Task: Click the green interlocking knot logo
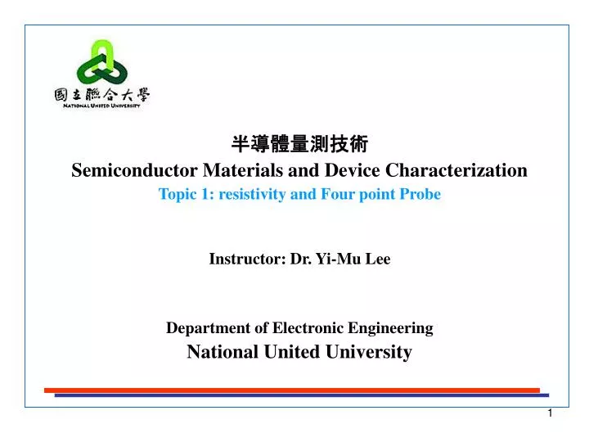point(102,63)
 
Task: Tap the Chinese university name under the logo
point(102,96)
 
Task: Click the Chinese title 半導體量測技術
point(299,145)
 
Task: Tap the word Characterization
point(456,170)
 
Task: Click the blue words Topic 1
point(182,195)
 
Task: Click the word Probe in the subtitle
point(421,195)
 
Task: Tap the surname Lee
point(378,259)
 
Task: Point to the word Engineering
point(386,328)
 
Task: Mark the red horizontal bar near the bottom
point(291,390)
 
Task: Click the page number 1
point(550,414)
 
